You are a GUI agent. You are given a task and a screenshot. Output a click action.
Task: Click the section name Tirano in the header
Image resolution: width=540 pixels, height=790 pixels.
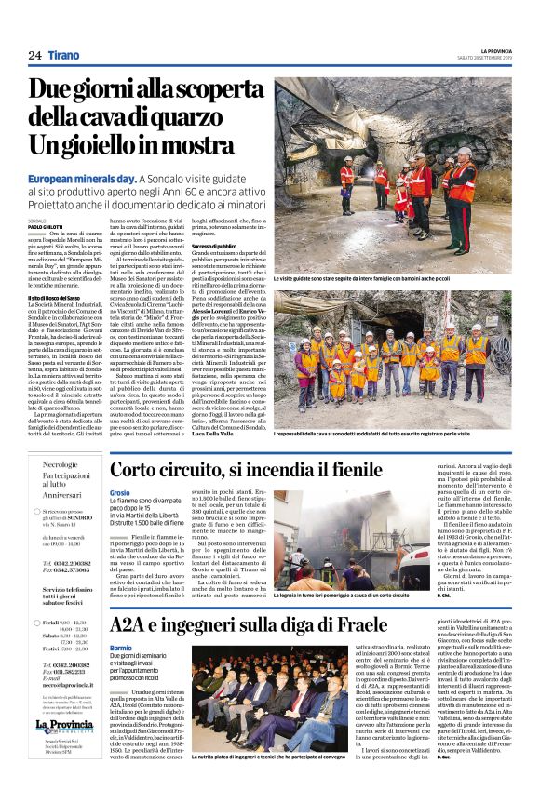pyautogui.click(x=64, y=55)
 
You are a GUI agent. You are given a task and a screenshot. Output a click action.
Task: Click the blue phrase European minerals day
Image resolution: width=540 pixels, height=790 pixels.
pyautogui.click(x=81, y=177)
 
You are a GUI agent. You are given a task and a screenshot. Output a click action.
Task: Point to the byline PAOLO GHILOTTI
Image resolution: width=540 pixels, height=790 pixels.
pyautogui.click(x=47, y=225)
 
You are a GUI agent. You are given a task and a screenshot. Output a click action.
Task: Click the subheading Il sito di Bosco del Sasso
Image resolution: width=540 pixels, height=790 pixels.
pyautogui.click(x=56, y=296)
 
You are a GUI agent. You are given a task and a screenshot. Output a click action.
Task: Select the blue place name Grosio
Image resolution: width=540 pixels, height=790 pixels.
pyautogui.click(x=120, y=492)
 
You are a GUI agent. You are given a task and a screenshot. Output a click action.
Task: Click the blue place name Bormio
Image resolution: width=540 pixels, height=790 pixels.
pyautogui.click(x=121, y=647)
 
